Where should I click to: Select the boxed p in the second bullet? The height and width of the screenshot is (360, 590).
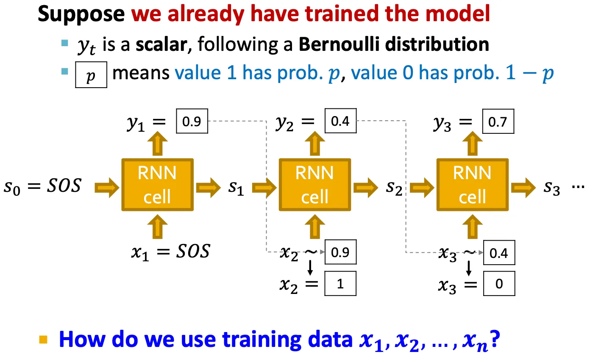coord(91,75)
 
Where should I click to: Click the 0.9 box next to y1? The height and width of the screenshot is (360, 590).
coord(192,121)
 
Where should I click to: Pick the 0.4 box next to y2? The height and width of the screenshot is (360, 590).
coord(341,121)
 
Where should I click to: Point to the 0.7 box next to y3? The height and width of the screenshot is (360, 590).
coord(498,121)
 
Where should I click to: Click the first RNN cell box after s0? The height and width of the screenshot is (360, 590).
coord(158,185)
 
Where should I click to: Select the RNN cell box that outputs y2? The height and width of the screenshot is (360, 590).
coord(315,185)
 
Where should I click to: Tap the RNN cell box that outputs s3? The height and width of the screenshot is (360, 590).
coord(473,185)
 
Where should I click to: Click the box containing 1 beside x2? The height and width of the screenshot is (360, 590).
coord(340,283)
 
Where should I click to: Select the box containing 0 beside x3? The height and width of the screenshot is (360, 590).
coord(499,283)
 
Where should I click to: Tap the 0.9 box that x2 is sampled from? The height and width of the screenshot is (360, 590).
coord(341,252)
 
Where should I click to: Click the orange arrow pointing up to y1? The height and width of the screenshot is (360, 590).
coord(158,144)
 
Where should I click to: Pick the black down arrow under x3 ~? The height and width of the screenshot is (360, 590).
coord(469,268)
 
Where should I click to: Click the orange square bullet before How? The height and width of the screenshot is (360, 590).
coord(43,340)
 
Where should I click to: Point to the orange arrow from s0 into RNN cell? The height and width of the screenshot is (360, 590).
coord(107,188)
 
